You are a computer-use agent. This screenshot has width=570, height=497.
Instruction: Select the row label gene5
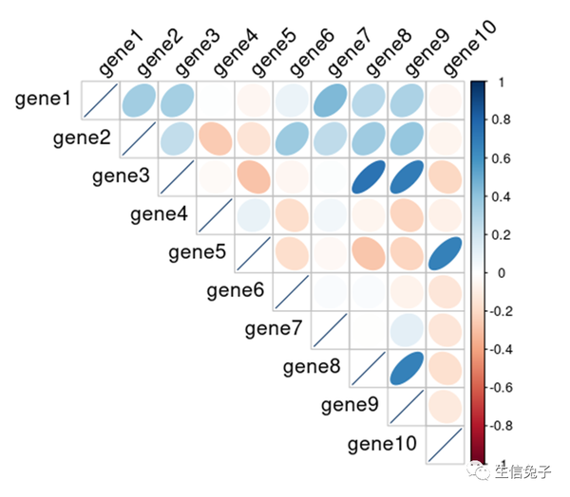197,252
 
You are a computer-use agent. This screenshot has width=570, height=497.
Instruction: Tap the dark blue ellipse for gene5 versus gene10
443,253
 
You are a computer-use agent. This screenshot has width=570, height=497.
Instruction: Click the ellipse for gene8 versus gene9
405,367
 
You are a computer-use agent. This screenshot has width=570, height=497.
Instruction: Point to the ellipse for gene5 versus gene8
367,253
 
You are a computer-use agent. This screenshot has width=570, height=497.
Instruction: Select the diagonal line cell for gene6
291,291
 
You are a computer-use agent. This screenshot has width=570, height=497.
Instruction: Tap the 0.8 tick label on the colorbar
505,120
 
